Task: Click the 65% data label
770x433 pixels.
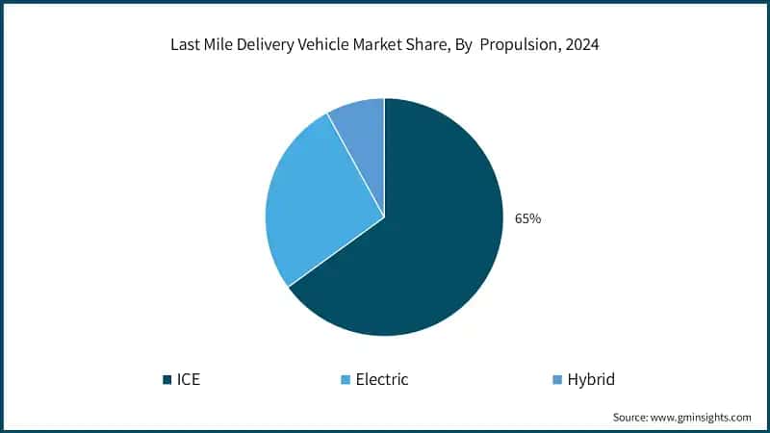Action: click(527, 218)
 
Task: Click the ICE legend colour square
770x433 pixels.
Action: click(167, 379)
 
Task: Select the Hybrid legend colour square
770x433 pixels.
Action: click(556, 379)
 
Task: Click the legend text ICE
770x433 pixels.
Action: click(189, 379)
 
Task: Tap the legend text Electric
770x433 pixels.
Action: click(382, 379)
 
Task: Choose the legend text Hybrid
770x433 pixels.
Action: click(591, 379)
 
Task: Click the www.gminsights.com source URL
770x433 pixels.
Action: click(702, 417)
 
